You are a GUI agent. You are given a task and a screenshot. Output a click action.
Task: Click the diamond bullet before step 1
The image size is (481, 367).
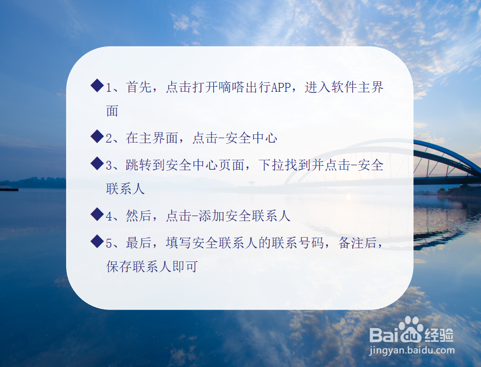click(97, 86)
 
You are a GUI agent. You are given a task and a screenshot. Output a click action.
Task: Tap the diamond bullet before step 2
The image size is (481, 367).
click(97, 137)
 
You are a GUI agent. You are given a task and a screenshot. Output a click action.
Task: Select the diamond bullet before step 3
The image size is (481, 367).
click(97, 163)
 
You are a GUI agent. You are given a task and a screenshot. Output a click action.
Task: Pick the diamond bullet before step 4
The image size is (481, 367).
click(97, 214)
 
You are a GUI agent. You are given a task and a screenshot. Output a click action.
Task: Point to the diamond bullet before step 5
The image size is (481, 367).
click(97, 240)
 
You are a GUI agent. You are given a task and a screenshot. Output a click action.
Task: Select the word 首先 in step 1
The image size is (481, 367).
click(139, 88)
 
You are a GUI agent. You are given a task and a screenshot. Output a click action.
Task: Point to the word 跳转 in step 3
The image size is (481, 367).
click(139, 165)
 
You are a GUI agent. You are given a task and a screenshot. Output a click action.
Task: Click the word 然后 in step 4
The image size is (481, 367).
click(139, 216)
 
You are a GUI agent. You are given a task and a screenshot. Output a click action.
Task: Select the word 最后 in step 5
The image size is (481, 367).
click(139, 243)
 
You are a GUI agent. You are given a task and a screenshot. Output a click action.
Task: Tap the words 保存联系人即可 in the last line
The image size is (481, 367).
click(152, 266)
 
